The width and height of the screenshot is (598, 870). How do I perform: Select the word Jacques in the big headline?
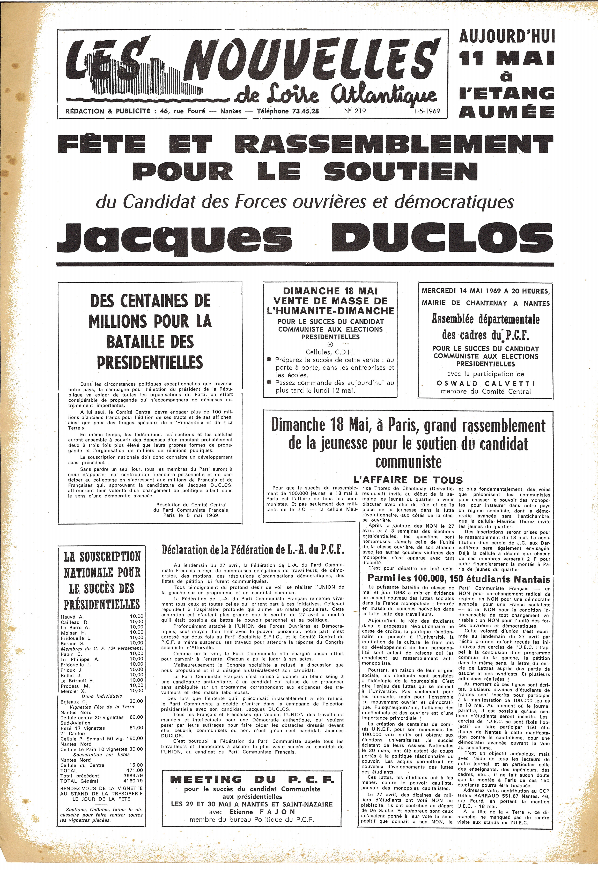[x=174, y=239]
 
